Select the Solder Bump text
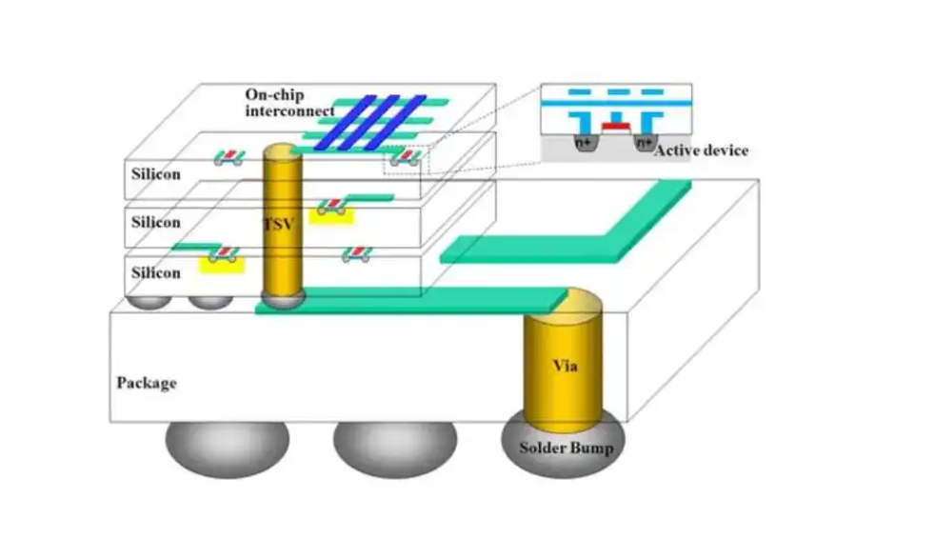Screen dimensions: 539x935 [x=567, y=449]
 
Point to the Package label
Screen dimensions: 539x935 [x=147, y=383]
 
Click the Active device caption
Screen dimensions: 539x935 [x=701, y=150]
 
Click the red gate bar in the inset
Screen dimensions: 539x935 [x=615, y=125]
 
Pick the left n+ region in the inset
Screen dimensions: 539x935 [x=584, y=143]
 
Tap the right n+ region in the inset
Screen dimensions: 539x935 [x=645, y=143]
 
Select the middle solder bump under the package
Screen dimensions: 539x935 [x=394, y=447]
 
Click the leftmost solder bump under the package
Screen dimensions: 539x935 [x=228, y=447]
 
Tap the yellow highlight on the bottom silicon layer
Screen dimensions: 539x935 [x=222, y=263]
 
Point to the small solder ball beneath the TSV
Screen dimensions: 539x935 [x=282, y=300]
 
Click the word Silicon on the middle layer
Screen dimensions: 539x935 [x=155, y=223]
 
